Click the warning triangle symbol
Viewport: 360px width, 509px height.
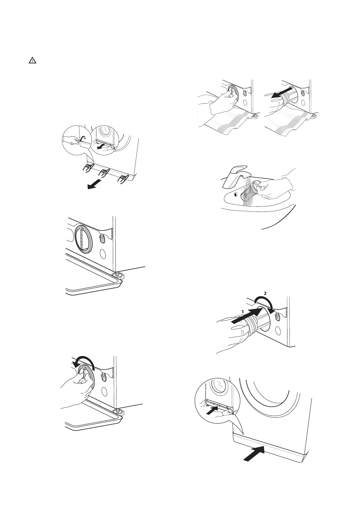[x=32, y=60]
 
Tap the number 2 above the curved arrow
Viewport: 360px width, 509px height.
[x=265, y=293]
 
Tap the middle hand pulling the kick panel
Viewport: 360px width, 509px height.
[x=104, y=173]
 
